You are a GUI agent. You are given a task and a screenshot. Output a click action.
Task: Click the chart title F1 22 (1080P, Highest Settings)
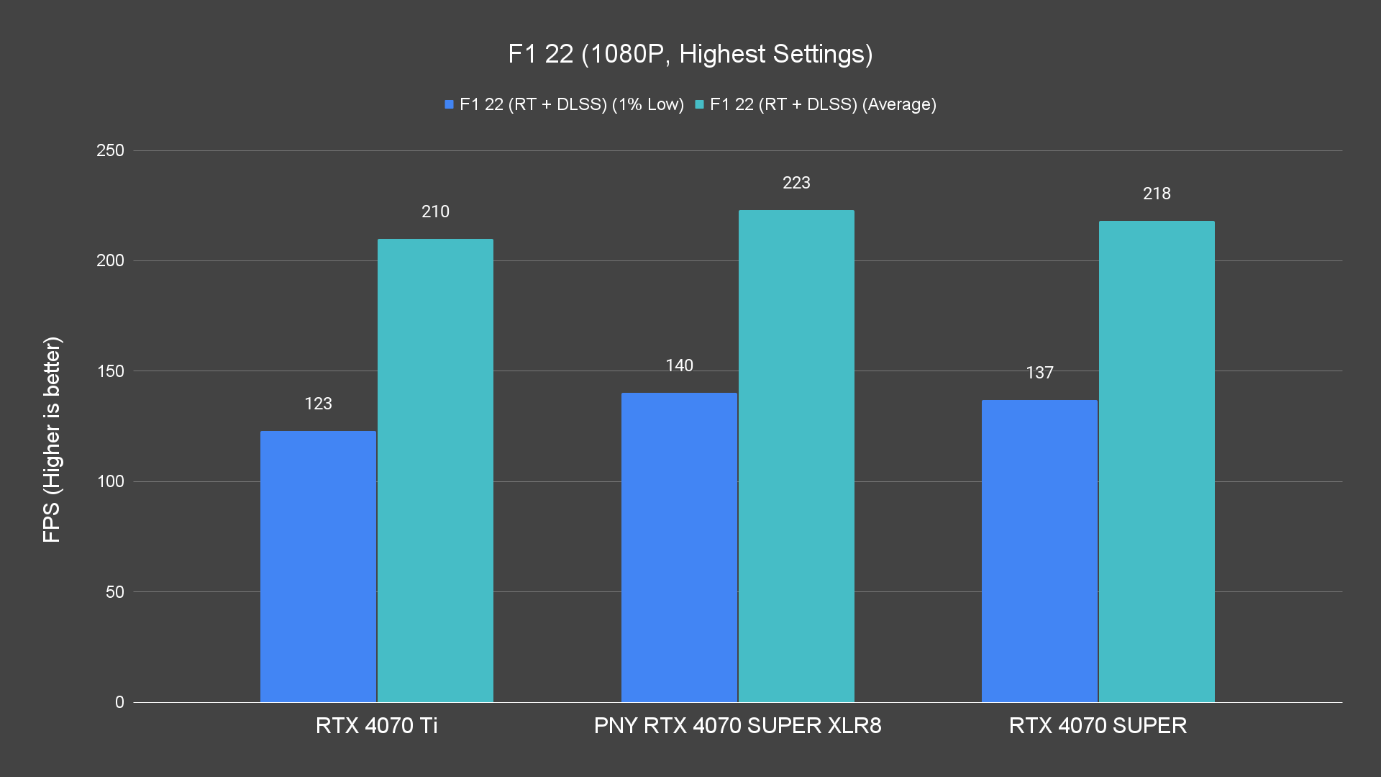(690, 54)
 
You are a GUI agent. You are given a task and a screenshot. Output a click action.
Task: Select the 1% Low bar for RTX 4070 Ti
(318, 566)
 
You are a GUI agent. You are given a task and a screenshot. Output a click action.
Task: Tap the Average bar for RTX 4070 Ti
(435, 471)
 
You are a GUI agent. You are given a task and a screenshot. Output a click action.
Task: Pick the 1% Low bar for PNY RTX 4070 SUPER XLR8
(679, 547)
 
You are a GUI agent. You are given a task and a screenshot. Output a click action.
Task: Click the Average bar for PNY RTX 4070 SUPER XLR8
(796, 456)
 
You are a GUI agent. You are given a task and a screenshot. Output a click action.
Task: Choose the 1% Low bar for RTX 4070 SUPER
(1039, 551)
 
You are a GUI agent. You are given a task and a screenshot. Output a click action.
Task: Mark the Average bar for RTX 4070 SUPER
(1157, 461)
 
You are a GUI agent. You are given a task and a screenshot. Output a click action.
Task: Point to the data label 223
(796, 183)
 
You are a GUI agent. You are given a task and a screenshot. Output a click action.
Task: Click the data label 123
(318, 404)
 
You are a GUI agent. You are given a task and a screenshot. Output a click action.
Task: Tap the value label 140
(679, 365)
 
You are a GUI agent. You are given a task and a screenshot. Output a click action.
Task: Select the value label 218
(1157, 194)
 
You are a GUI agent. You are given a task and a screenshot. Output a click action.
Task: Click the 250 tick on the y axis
(110, 150)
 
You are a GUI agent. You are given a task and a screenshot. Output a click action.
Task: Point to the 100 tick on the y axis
(110, 481)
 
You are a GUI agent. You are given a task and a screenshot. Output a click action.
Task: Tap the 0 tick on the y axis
(119, 702)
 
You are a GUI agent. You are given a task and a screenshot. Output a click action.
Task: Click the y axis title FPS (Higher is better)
(52, 439)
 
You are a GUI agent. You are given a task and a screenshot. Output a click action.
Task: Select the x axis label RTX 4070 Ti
(376, 725)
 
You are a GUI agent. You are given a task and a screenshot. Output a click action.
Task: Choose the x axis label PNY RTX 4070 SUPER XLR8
(737, 725)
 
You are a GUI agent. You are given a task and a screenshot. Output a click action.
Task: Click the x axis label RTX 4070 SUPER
(1098, 725)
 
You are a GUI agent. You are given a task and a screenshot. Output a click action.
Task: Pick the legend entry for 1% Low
(565, 104)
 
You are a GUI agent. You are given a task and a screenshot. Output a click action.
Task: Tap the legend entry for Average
(816, 104)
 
